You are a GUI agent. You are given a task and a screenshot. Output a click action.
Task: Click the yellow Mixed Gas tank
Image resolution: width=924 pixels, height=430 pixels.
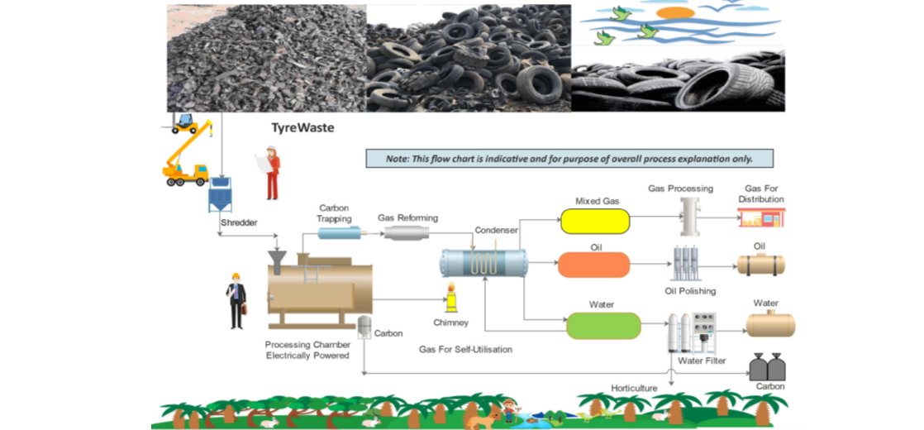click(x=594, y=221)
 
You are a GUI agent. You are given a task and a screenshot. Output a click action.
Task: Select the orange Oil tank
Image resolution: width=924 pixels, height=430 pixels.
click(x=593, y=265)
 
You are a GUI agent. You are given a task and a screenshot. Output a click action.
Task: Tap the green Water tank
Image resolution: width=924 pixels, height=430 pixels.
click(x=603, y=326)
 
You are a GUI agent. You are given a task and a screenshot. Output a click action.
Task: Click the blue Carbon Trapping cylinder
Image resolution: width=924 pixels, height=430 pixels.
click(x=339, y=234)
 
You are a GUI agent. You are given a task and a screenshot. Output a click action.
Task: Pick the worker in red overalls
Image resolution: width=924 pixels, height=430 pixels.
click(x=271, y=173)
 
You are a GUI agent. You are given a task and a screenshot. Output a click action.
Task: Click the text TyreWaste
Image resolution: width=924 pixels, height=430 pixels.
click(x=302, y=128)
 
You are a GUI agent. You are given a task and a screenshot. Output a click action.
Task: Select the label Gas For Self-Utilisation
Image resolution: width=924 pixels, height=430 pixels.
click(x=466, y=350)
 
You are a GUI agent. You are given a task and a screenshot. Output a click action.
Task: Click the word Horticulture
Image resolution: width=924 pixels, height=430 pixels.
click(x=634, y=388)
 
